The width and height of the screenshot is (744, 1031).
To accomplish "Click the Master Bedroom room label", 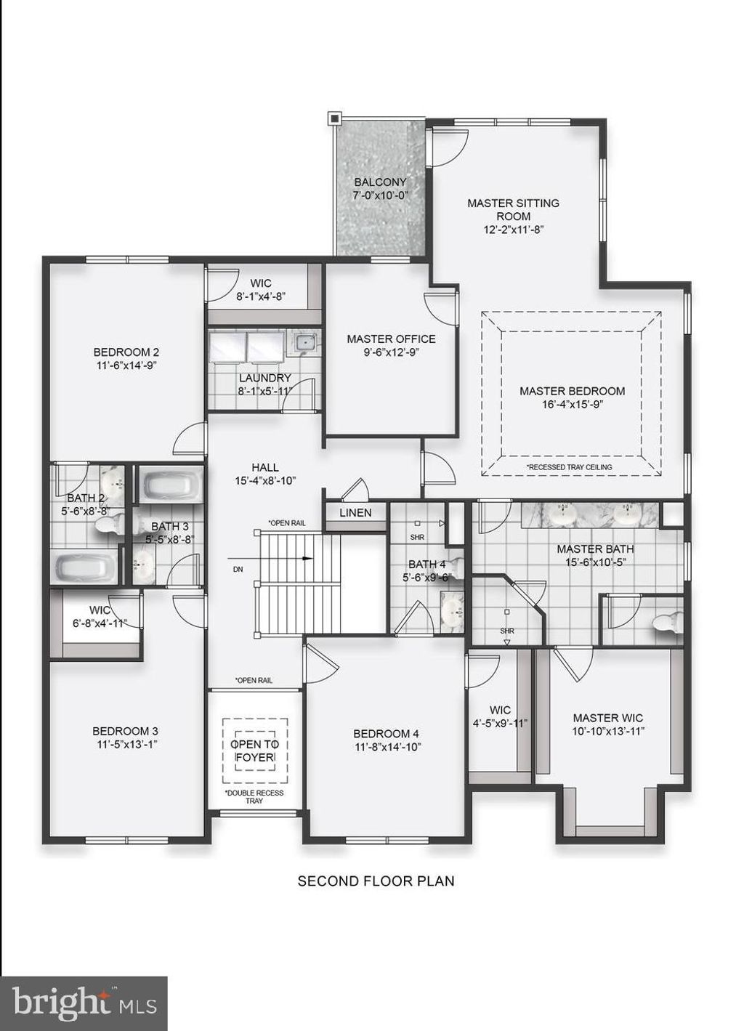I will [572, 391].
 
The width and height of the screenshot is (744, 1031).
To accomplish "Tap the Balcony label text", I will [380, 182].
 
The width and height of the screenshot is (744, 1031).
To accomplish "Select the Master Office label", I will [391, 339].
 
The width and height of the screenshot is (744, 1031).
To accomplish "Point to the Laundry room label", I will [264, 378].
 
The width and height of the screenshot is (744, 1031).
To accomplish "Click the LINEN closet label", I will [355, 513].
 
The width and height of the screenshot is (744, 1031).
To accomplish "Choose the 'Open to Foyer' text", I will [254, 751].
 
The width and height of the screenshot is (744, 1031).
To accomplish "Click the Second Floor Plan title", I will [376, 881].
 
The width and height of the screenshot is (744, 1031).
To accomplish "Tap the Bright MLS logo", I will [84, 1003].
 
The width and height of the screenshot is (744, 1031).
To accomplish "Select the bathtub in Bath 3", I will [170, 485].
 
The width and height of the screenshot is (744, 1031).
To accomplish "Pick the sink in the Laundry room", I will [304, 341].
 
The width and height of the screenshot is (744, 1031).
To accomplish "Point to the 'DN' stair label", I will [238, 570].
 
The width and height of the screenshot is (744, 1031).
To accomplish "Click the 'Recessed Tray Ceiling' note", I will [570, 467].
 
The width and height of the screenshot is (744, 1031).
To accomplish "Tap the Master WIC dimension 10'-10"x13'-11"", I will [607, 732].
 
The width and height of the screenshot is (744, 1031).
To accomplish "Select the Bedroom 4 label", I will [386, 734].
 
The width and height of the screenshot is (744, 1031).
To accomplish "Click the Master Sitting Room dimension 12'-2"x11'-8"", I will [513, 229].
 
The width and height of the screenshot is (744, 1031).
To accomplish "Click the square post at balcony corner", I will [333, 118].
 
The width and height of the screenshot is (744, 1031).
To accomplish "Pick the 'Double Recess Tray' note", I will [254, 796].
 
